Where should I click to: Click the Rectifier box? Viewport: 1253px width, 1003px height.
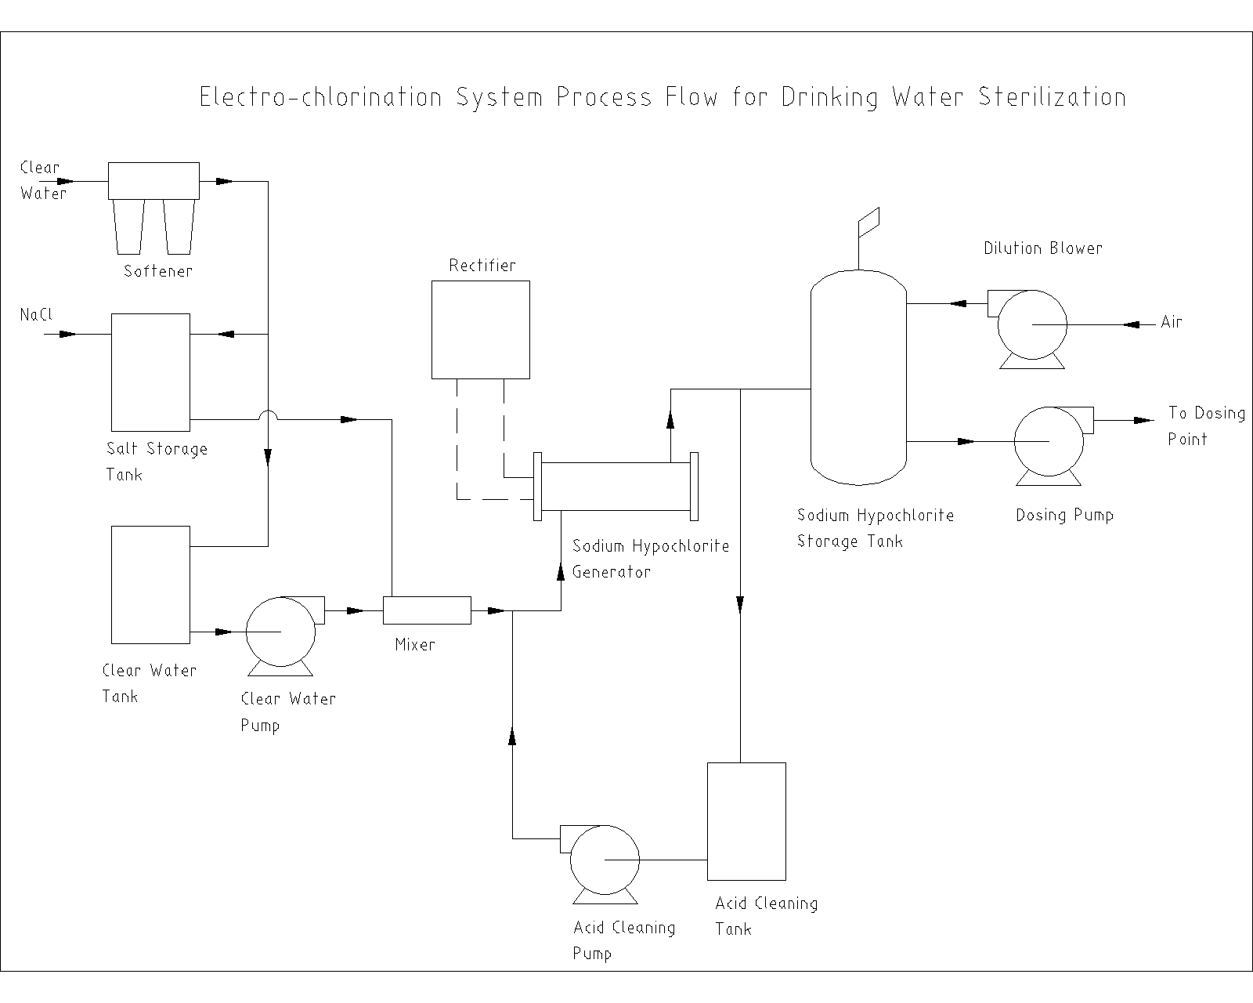point(481,329)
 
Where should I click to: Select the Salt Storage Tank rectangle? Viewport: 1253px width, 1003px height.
point(150,372)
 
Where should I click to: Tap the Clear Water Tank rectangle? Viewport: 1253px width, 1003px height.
point(150,585)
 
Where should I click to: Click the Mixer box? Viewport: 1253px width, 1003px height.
point(427,610)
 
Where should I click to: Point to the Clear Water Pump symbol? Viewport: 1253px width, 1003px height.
point(281,632)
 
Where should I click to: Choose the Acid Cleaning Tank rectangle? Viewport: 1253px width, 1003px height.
point(746,821)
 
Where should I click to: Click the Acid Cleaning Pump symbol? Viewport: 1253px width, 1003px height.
point(605,860)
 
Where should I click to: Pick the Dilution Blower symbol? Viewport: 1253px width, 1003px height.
point(1031,324)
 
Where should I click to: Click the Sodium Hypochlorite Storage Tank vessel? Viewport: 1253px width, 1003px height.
point(858,376)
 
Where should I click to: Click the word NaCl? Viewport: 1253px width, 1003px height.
point(36,315)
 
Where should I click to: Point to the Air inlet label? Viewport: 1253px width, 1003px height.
point(1172,322)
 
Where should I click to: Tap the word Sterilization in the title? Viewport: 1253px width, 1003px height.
point(1053,97)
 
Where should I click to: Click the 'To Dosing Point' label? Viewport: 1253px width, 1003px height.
point(1206,425)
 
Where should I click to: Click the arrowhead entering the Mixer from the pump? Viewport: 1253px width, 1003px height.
point(355,610)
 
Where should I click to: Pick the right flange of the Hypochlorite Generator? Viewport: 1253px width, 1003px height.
point(694,487)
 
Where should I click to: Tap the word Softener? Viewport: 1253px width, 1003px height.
point(158,272)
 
